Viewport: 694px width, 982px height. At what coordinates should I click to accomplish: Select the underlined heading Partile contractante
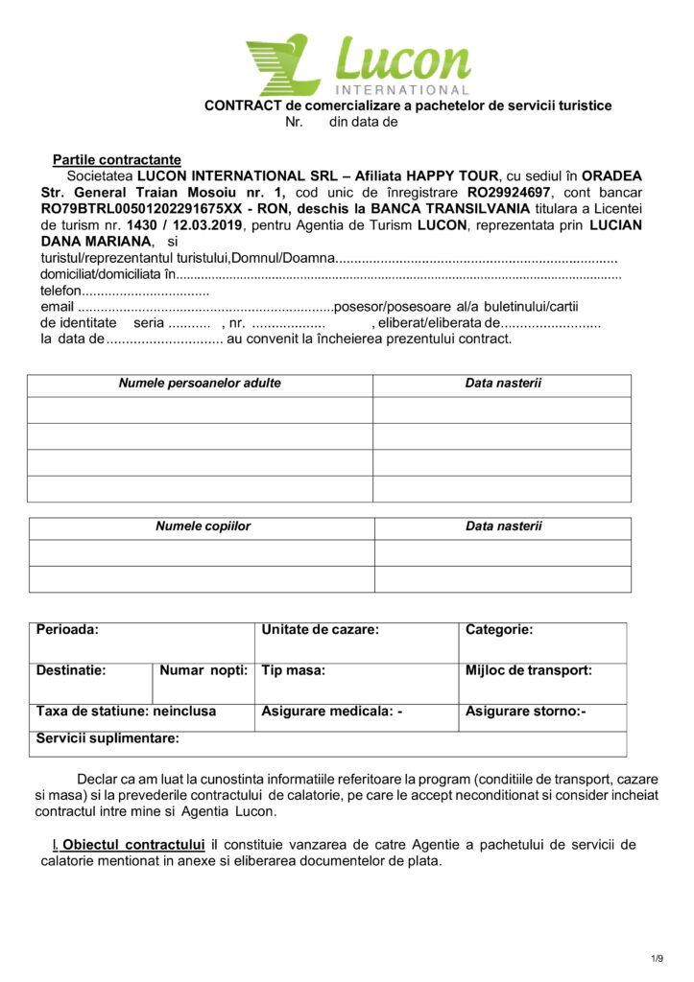pos(116,159)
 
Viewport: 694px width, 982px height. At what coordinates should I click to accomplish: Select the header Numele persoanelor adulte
pos(200,384)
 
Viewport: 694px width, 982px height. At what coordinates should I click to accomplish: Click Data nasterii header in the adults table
pos(503,384)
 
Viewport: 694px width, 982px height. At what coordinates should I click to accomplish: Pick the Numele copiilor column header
pos(203,526)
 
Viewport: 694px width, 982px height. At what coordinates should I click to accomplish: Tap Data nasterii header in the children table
pos(503,526)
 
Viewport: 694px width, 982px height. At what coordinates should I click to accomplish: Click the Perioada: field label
pos(68,630)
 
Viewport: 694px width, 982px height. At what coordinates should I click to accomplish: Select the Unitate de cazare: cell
pos(320,630)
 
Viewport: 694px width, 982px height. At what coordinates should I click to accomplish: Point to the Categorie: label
pos(499,630)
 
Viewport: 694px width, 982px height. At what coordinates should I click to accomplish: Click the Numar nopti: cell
pos(203,670)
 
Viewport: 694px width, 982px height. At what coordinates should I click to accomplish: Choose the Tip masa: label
pos(293,670)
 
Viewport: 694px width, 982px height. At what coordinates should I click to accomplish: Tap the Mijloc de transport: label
pos(528,670)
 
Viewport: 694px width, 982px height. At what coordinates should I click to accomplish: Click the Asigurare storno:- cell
pos(525,712)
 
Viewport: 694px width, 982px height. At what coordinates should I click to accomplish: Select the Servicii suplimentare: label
pos(108,738)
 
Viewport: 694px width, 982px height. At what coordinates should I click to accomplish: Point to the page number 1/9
pos(657,958)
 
